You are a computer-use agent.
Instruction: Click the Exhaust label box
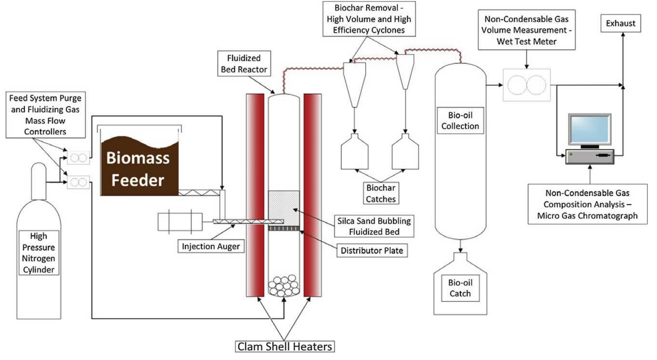point(620,23)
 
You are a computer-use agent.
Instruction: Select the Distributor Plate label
point(372,251)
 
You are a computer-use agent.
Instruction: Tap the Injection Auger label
point(211,246)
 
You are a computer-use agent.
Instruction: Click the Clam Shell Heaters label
point(285,347)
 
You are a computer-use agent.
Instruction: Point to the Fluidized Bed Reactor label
point(244,64)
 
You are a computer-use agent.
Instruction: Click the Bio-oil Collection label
point(460,121)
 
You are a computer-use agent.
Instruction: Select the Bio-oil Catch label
point(460,288)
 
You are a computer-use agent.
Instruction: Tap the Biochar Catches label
point(381,193)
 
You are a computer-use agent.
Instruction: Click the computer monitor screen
point(589,129)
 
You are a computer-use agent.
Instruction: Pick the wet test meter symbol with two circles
point(527,85)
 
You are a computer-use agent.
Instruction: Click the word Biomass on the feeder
point(138,158)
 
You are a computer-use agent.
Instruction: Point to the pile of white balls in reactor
point(284,285)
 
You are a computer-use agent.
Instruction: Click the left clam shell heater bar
point(255,195)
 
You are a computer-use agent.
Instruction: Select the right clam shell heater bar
point(312,195)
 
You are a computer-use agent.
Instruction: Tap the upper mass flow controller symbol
point(78,158)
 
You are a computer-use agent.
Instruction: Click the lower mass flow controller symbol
point(78,182)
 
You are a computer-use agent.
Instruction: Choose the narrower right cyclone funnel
point(405,70)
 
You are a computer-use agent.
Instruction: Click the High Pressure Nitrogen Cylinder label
point(38,253)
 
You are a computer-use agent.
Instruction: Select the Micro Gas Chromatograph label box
point(587,204)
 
